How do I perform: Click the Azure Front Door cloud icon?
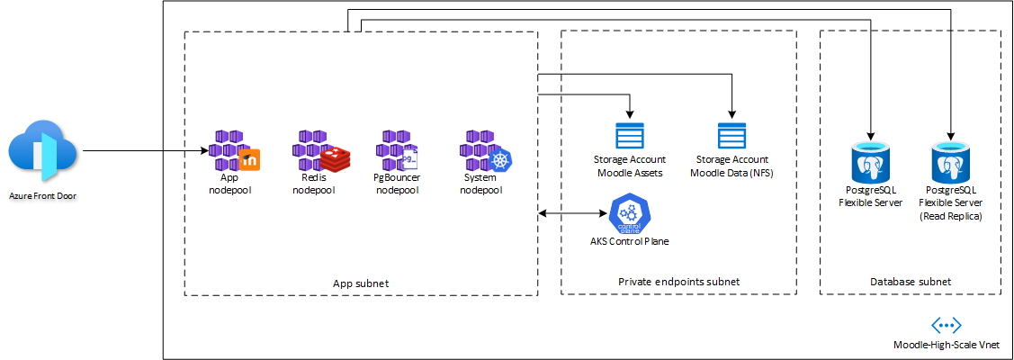42,152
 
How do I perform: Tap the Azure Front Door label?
42,195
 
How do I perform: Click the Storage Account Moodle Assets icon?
630,136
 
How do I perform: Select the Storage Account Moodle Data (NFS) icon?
731,136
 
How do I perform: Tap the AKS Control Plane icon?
629,213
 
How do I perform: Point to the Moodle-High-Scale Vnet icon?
947,326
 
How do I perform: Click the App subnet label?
360,283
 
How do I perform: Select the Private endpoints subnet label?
678,282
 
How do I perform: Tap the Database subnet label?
911,282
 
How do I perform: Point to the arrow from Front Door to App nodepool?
144,152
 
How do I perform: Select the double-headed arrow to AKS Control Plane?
573,214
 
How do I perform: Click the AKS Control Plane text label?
629,241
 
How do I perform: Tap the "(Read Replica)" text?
950,216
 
